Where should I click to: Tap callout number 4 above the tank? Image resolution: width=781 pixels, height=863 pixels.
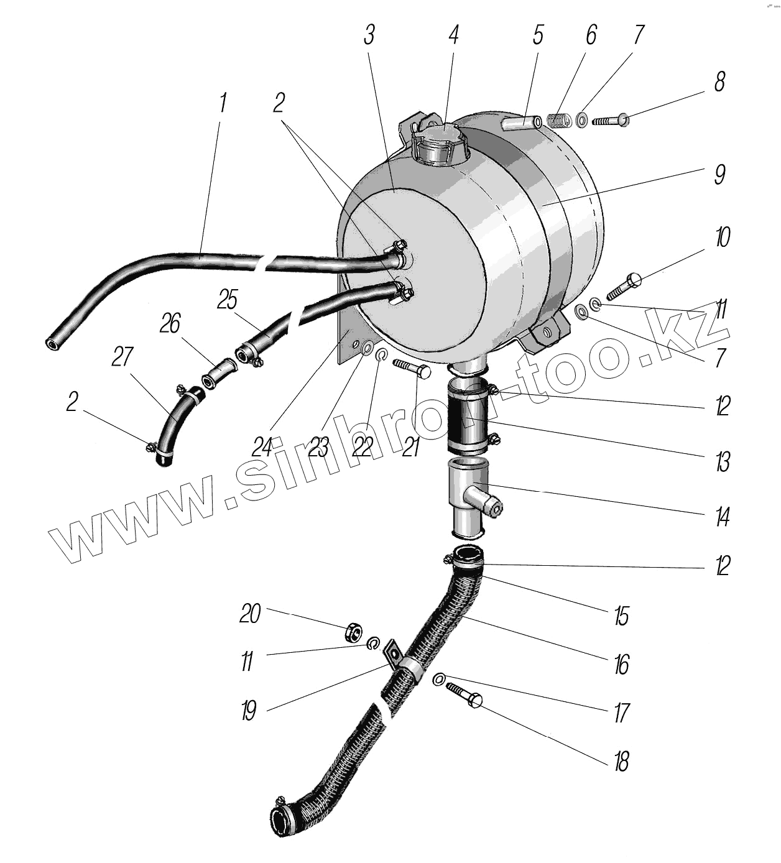click(x=453, y=35)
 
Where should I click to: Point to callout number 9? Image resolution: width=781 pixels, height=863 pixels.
click(x=719, y=175)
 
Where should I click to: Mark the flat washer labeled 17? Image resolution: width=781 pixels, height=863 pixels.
click(x=439, y=680)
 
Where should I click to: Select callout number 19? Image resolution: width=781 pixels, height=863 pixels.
click(x=249, y=709)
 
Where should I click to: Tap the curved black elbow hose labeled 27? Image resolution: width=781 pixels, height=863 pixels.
click(x=175, y=423)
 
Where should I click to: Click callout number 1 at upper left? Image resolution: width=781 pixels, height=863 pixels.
click(x=222, y=103)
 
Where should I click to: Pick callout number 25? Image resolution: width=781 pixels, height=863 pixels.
click(x=228, y=300)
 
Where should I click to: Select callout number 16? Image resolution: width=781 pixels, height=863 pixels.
click(x=621, y=664)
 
